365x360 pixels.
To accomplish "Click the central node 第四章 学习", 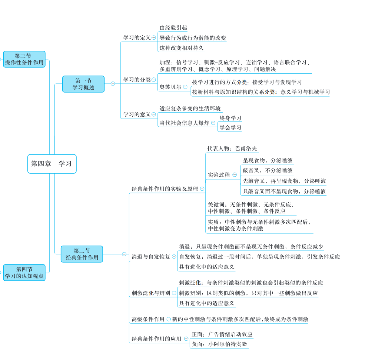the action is (x=52, y=164).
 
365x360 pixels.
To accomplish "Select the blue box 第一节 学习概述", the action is (x=83, y=84).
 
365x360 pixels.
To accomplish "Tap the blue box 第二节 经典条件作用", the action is (x=82, y=254).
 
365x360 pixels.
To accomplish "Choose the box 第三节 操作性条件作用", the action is (x=24, y=59).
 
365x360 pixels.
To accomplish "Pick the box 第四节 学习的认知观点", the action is (x=24, y=273).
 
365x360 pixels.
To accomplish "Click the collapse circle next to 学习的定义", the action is (x=154, y=37).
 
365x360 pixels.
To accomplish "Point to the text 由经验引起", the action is (x=173, y=28).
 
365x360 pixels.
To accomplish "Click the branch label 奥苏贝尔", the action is (x=170, y=87).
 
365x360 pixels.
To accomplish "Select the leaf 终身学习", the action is (x=230, y=118).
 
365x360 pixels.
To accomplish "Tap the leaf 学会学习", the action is (x=230, y=128).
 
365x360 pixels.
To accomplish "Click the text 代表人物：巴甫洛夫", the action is (x=232, y=149).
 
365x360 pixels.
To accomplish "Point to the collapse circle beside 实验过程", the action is (x=235, y=175).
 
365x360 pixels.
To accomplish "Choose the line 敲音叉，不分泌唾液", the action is (x=268, y=170).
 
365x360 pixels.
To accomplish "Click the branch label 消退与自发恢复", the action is (x=151, y=257).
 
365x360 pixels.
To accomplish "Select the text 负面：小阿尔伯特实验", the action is (x=219, y=344).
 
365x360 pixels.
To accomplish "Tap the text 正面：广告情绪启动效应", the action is (x=222, y=334).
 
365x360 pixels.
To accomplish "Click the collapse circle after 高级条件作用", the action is (x=169, y=319).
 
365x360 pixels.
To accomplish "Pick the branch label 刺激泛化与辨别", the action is (x=151, y=293).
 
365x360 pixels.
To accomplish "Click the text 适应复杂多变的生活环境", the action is (x=190, y=109).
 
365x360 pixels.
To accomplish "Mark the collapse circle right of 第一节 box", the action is (x=113, y=84).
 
